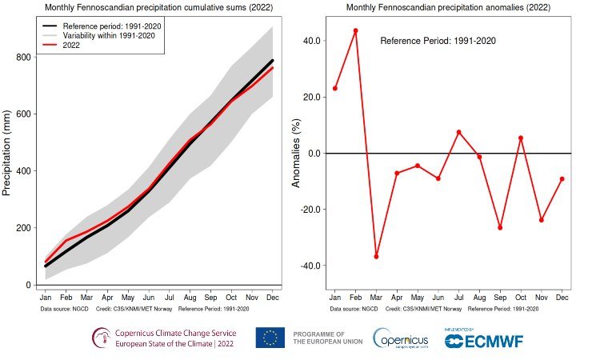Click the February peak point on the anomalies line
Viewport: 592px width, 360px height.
coord(355,30)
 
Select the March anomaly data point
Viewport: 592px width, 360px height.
coord(376,256)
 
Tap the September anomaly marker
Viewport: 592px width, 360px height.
coord(500,228)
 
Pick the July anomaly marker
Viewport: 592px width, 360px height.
coord(458,132)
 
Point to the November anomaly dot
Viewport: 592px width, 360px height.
coord(542,220)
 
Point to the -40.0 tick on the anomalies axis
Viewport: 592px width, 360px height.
coord(310,266)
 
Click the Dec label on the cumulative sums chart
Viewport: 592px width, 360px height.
coord(272,298)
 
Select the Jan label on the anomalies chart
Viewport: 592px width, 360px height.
coord(334,298)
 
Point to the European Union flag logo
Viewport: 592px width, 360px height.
coord(270,338)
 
